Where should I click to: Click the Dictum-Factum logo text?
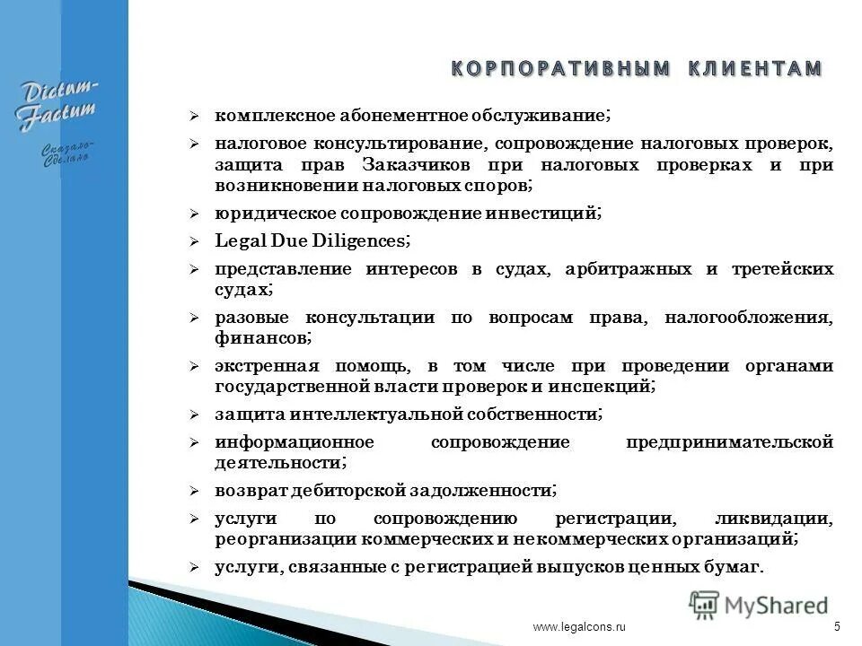(x=60, y=105)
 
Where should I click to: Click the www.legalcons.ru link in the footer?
(x=578, y=628)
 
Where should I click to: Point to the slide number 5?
(x=837, y=627)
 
